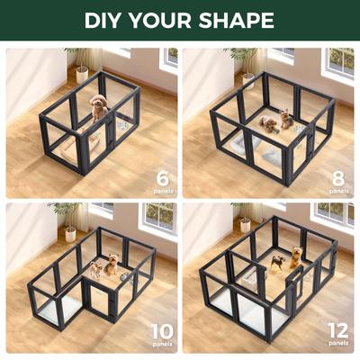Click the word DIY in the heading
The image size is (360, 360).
coord(105,20)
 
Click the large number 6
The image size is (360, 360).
coord(162,176)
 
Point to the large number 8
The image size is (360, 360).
coord(338,176)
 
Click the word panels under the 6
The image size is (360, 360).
coord(162,191)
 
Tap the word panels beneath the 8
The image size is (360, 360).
coord(338,191)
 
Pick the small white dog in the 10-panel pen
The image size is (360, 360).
coord(95,268)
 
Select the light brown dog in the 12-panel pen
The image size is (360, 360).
coord(275,262)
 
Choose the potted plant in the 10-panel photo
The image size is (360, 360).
coord(68,220)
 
